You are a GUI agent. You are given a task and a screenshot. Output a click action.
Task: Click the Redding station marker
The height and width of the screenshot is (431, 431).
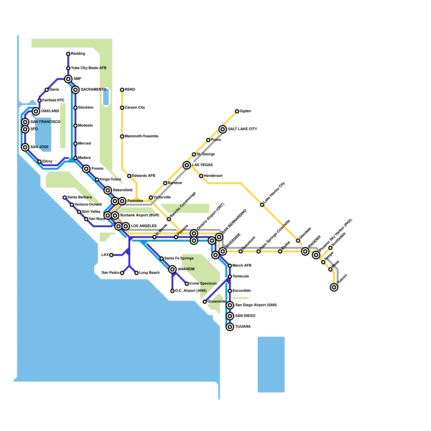(x=68, y=54)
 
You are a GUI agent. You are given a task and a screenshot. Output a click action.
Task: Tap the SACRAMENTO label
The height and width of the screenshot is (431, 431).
(x=93, y=89)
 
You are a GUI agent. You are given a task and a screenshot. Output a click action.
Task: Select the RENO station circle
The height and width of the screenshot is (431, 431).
(x=122, y=90)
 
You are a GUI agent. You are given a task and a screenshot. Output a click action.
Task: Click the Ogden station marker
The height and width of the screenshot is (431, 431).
(x=237, y=111)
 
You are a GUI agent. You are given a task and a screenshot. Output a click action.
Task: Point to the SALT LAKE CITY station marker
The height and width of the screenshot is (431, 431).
(x=223, y=129)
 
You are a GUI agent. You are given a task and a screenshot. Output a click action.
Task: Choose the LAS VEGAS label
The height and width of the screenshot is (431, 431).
(x=202, y=165)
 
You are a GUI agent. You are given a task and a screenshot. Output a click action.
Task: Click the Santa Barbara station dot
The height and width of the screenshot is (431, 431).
(x=65, y=197)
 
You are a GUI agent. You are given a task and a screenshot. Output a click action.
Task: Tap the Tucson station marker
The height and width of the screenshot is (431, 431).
(x=334, y=287)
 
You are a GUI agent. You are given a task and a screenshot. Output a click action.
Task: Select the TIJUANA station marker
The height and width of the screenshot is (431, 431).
(x=230, y=327)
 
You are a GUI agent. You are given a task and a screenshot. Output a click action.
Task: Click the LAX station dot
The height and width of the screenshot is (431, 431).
(x=111, y=255)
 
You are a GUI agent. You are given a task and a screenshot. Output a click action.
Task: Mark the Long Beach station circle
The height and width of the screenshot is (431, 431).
(x=137, y=273)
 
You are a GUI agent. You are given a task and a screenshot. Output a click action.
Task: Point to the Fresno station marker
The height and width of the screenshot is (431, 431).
(x=86, y=169)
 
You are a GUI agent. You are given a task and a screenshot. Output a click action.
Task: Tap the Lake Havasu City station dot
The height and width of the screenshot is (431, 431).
(x=262, y=205)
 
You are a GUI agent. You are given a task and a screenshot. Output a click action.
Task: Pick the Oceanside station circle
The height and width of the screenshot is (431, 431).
(x=205, y=302)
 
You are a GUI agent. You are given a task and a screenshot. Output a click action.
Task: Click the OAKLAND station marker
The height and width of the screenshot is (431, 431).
(x=36, y=111)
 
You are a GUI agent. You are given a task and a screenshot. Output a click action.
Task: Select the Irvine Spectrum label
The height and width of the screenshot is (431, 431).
(x=203, y=283)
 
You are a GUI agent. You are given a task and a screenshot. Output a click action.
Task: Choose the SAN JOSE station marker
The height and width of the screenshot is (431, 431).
(x=25, y=147)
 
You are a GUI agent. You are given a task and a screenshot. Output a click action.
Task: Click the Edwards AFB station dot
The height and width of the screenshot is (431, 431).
(x=129, y=176)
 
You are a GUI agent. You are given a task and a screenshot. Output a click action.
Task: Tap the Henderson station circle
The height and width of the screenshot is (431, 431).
(x=201, y=176)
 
